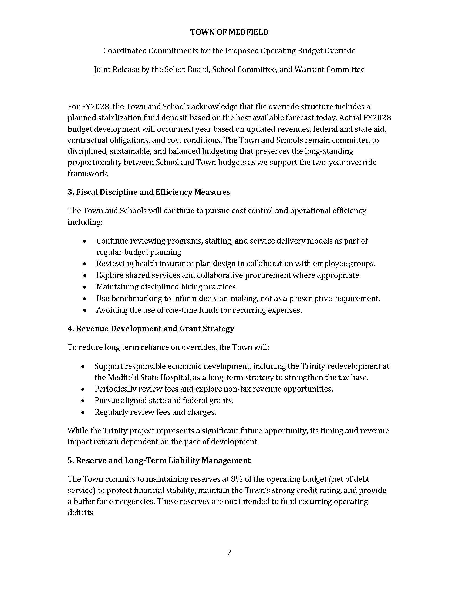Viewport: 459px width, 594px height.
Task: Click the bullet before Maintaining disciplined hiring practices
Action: pos(85,287)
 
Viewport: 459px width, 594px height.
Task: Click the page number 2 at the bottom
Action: pos(229,553)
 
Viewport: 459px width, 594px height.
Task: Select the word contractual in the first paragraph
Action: pos(87,140)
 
